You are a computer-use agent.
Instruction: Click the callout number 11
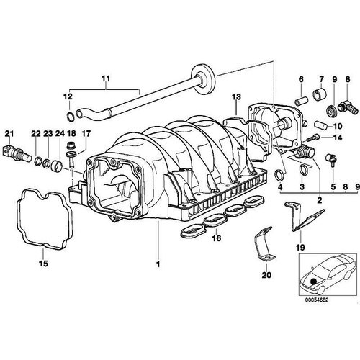(x=106, y=78)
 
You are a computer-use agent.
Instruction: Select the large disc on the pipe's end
(x=203, y=78)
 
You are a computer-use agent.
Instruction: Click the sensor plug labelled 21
(x=17, y=153)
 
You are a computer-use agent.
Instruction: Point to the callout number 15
(x=43, y=264)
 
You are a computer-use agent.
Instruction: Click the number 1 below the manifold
(x=158, y=264)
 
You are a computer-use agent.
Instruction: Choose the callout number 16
(x=216, y=238)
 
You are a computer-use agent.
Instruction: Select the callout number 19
(x=300, y=247)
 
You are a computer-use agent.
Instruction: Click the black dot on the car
(x=313, y=281)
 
